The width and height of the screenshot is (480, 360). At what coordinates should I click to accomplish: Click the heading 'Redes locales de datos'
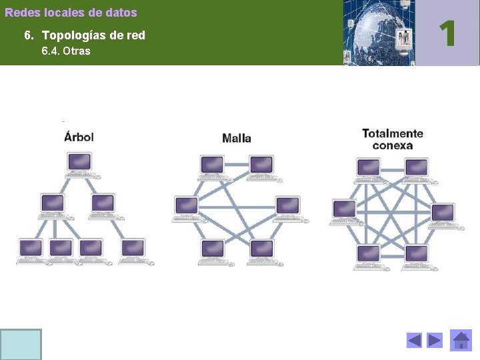coord(71,13)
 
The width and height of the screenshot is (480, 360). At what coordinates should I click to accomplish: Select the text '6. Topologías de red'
coord(84,35)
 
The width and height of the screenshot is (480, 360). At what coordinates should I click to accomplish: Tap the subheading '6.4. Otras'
coord(66,51)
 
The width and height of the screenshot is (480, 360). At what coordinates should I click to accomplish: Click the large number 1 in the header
coord(448,33)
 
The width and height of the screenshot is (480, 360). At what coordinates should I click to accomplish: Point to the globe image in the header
coord(379,33)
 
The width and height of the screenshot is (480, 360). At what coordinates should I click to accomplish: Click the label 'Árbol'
coord(79,137)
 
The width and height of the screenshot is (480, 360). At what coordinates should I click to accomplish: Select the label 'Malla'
coord(237,138)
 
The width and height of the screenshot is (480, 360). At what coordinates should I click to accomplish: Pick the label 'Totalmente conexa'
coord(393,139)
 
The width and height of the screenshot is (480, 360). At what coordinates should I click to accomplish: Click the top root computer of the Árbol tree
coord(79,163)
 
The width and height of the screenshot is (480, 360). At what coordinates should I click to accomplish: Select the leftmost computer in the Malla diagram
coord(186,207)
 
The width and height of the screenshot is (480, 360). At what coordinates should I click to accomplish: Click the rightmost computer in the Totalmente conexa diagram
coord(442,215)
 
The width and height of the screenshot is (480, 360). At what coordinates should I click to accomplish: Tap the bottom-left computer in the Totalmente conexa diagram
coord(367,255)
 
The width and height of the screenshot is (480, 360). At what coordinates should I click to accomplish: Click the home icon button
coord(461,341)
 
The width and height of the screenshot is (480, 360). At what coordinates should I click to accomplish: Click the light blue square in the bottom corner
coord(21,344)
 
